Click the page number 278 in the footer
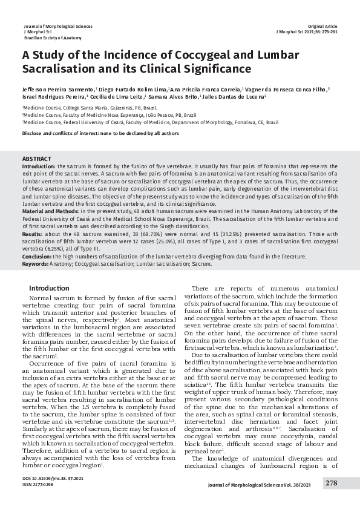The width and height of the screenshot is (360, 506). click(x=332, y=482)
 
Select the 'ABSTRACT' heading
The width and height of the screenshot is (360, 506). click(x=36, y=159)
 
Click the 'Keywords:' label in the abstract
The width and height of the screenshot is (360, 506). click(x=35, y=264)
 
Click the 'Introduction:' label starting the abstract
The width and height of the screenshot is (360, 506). click(x=39, y=165)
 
